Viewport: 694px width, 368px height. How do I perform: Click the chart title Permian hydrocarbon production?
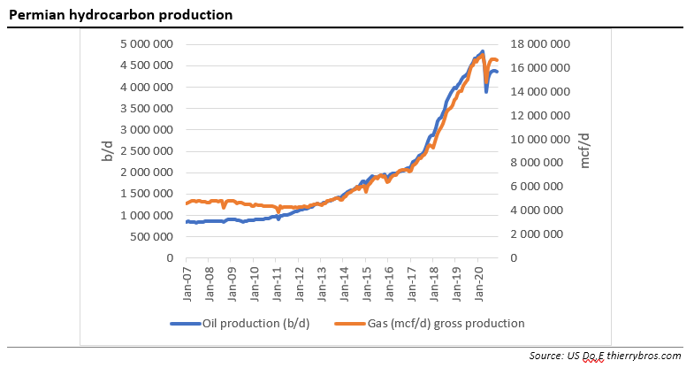(120, 15)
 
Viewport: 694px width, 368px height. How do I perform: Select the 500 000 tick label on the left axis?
(152, 237)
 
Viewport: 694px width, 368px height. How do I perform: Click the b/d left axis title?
(107, 151)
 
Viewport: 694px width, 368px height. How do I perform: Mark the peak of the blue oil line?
(482, 51)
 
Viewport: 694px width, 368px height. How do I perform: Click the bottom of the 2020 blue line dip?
(486, 91)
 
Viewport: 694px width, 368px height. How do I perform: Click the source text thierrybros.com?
(643, 356)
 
